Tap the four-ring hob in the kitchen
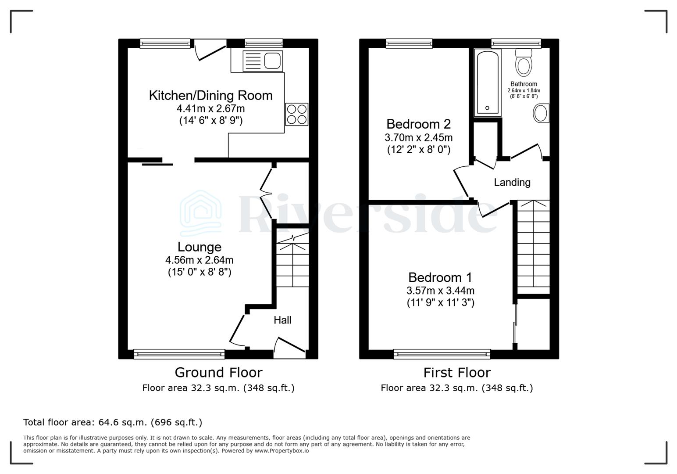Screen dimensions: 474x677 coord(297,114)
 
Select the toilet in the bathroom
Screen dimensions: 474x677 coord(524,62)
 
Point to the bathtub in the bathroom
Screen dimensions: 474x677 coord(487,83)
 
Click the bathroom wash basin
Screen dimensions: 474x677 coord(541,113)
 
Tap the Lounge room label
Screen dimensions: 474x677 coord(200,247)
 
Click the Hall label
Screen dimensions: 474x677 coord(282,320)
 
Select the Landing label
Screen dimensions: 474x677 coord(512,182)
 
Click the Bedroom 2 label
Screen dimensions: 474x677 coord(418,124)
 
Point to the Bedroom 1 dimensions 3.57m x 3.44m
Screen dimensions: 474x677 coord(440,291)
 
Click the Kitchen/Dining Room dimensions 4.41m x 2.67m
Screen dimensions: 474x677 coord(210,108)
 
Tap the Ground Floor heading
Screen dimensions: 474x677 coord(218,373)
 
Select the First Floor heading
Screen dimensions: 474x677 coord(457,373)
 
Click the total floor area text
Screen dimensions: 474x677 coord(113,423)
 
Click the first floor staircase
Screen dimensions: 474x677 coord(534,247)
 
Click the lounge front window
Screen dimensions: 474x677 coord(179,354)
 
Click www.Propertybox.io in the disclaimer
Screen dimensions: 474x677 coord(281,451)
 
